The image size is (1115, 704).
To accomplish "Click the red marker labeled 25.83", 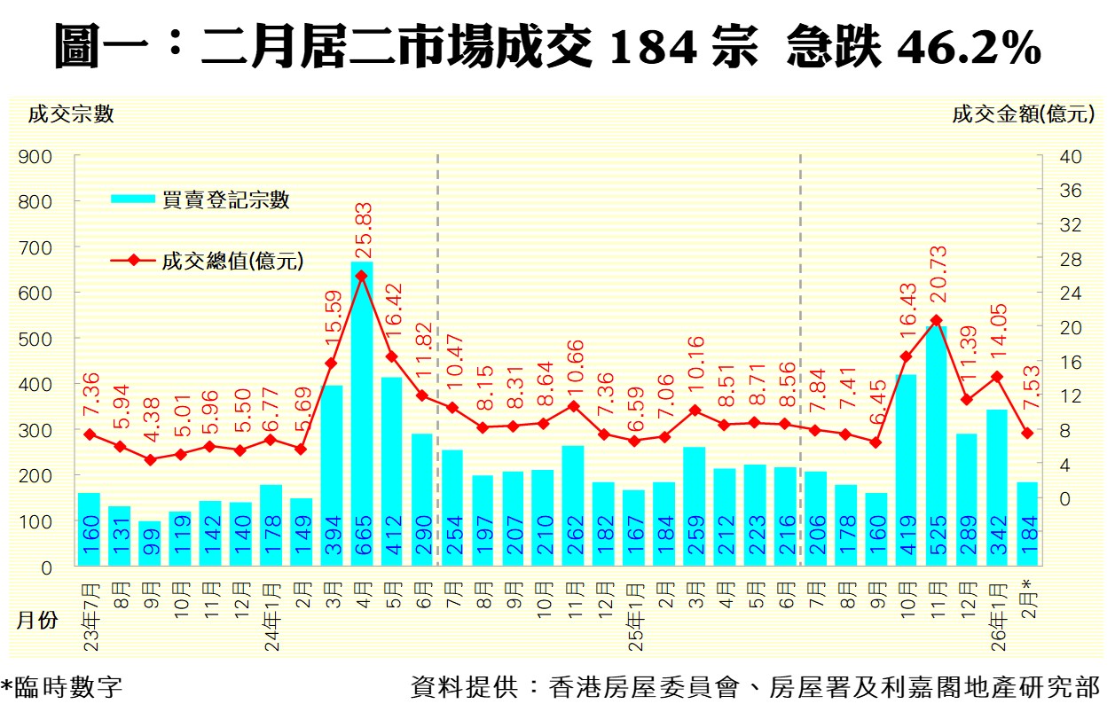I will [x=362, y=276].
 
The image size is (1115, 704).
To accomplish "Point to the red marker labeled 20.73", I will [x=937, y=320].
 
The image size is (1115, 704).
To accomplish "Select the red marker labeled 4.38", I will [x=150, y=459].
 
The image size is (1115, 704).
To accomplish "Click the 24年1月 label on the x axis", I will [x=271, y=613].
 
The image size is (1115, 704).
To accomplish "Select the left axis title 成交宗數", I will [x=71, y=114].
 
